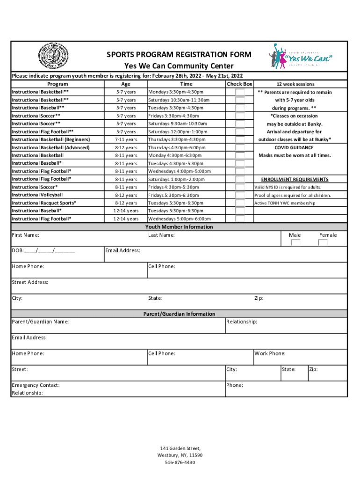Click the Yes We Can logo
point(302,57)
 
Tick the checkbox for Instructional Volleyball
point(240,195)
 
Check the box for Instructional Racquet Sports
point(240,203)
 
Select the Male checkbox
point(295,243)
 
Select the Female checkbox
point(323,243)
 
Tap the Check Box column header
point(240,84)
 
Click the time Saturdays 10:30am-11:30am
point(179,100)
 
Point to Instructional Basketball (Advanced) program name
point(50,148)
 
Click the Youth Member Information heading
point(179,227)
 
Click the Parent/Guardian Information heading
point(179,314)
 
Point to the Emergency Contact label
point(36,385)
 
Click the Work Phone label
point(270,354)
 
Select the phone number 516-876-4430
point(180,463)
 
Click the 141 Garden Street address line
point(180,448)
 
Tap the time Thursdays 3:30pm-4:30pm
point(177,140)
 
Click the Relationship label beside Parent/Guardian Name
point(242,322)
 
